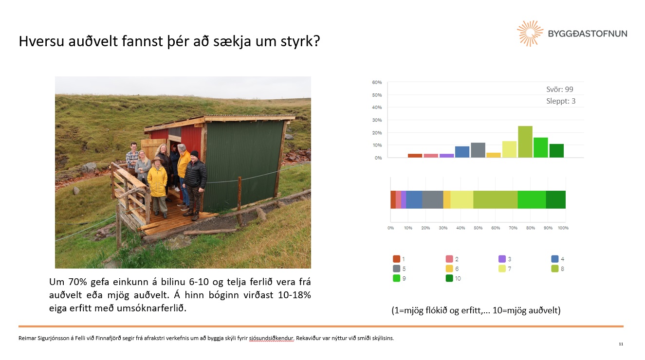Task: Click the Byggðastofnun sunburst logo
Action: [x=530, y=34]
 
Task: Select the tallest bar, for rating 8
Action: [x=525, y=142]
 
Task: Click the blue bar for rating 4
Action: [x=462, y=152]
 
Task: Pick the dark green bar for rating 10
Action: [x=556, y=151]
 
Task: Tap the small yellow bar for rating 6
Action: [x=494, y=155]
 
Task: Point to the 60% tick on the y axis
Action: [x=377, y=82]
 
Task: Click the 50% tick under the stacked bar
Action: [x=478, y=228]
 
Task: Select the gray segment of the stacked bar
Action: [x=433, y=199]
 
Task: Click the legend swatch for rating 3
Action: [x=502, y=259]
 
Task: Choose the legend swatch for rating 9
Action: [x=397, y=278]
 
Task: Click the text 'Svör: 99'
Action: [x=560, y=89]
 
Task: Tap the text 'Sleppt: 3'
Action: [x=561, y=101]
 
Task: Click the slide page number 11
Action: [x=621, y=344]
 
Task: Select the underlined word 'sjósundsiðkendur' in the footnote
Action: [x=271, y=338]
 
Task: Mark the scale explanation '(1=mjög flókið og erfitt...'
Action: [x=476, y=310]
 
